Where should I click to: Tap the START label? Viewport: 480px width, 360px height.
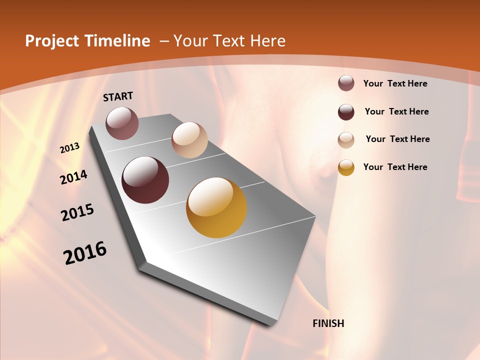click(x=118, y=96)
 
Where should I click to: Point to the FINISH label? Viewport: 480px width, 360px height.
click(x=328, y=323)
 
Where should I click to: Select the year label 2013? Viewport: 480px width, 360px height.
click(x=70, y=148)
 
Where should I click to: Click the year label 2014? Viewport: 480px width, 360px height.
click(x=74, y=177)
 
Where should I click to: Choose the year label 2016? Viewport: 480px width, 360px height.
click(x=85, y=253)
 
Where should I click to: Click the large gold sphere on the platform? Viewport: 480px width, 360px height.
click(x=216, y=207)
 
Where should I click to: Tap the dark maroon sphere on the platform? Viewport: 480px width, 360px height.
click(x=145, y=180)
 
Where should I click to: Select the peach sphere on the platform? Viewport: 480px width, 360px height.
click(x=189, y=140)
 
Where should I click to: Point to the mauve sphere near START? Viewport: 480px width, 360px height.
click(x=122, y=123)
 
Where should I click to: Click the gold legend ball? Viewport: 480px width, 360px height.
click(x=346, y=167)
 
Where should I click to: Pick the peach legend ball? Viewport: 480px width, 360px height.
click(x=346, y=140)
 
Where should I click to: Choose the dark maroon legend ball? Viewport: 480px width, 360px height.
click(x=346, y=112)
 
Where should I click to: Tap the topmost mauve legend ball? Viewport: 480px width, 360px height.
click(x=346, y=83)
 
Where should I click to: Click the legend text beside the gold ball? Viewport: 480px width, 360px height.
click(x=395, y=167)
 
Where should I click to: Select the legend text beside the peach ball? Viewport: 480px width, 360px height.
click(x=397, y=139)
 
